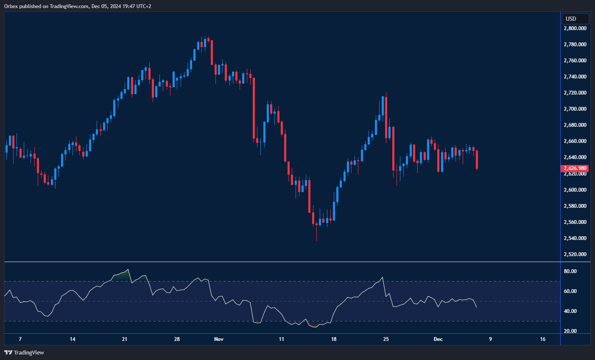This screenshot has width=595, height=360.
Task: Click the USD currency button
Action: tap(575, 19)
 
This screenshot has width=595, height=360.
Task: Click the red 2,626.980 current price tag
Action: tap(575, 168)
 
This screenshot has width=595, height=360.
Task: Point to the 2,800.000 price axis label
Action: tap(575, 28)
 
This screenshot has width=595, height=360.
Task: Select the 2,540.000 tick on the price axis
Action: tap(575, 238)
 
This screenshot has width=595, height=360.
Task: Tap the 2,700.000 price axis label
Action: tap(575, 109)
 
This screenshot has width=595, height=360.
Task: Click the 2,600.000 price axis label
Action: tap(575, 190)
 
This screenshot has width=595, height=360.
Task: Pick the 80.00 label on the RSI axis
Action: tap(570, 271)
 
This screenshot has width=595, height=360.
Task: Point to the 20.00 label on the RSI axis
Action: tap(570, 331)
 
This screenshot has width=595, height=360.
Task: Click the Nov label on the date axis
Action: tap(219, 339)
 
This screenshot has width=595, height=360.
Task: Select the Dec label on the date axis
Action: tap(438, 339)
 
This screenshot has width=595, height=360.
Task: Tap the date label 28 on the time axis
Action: tap(177, 339)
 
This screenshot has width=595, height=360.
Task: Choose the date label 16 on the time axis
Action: tap(543, 339)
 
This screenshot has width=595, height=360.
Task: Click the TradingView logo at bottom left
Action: tap(24, 352)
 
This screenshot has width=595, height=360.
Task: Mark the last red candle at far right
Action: tap(477, 159)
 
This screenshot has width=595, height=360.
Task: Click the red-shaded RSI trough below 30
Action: tap(314, 325)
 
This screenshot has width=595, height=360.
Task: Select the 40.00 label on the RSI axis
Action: tap(570, 311)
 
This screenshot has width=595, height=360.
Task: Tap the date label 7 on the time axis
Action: tap(20, 339)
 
